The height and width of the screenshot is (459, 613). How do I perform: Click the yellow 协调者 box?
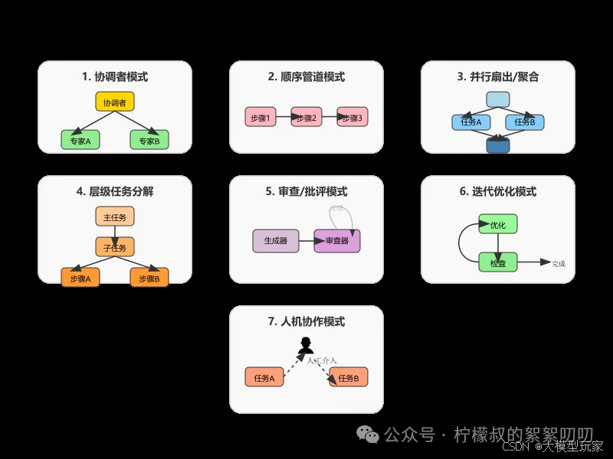115,102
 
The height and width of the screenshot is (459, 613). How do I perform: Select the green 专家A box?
80,140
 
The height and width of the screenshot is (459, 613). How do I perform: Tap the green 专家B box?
149,140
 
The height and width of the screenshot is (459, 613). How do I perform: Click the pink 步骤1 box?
260,118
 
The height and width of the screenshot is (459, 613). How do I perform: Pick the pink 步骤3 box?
352,118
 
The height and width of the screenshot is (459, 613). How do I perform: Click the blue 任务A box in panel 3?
467,122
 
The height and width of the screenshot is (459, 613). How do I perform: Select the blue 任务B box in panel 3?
525,122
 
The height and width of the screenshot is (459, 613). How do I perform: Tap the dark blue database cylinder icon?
498,144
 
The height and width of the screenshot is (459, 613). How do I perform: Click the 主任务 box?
115,216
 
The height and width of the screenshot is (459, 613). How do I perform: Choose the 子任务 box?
115,246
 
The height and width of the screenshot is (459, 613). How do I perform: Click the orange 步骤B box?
149,278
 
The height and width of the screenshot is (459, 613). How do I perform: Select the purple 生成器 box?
275,241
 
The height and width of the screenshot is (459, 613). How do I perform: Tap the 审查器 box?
336,241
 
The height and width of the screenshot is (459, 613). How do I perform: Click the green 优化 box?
498,225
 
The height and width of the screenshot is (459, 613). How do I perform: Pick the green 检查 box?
498,262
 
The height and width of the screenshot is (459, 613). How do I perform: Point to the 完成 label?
558,264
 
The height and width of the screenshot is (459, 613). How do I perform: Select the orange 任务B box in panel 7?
349,378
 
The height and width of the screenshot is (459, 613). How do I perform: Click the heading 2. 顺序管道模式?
306,76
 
